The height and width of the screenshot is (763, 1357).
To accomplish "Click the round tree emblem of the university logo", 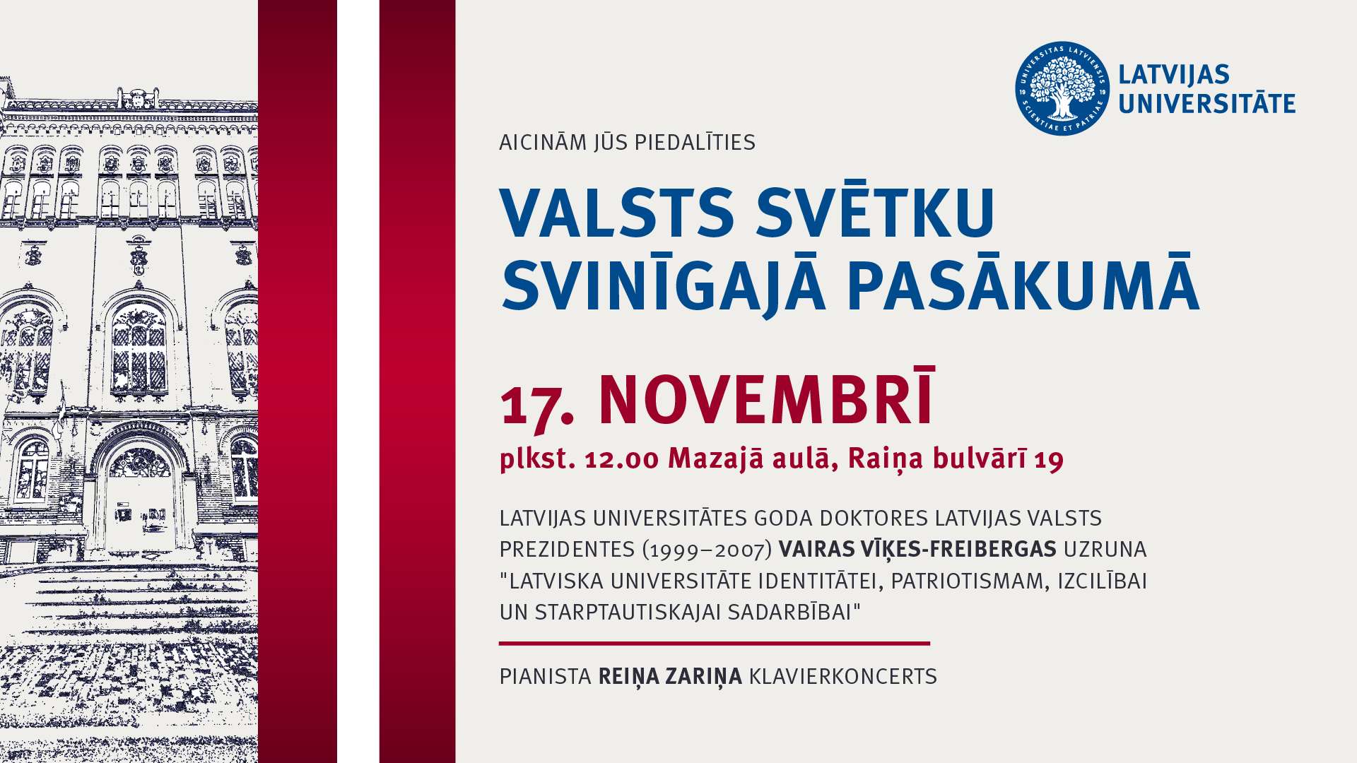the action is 1062,88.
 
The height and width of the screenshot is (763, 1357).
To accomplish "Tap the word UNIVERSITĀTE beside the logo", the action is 1206,103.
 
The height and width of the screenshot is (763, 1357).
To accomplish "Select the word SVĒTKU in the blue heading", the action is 876,212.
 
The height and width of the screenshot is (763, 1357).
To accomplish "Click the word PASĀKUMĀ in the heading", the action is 1023,283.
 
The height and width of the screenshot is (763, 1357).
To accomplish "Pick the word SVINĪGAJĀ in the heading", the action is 664,285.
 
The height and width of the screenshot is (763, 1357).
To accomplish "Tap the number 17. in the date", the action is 537,405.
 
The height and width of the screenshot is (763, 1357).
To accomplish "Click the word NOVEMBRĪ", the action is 767,397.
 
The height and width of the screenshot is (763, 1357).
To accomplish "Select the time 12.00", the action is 622,459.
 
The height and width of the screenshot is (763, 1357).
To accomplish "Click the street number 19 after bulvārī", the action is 1049,460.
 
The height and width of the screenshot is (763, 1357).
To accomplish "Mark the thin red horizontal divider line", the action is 715,644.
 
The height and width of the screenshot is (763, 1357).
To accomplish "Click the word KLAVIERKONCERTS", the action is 843,676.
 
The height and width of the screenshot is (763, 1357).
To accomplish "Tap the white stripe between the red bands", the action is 358,381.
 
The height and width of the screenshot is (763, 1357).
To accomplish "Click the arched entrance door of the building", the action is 140,495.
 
